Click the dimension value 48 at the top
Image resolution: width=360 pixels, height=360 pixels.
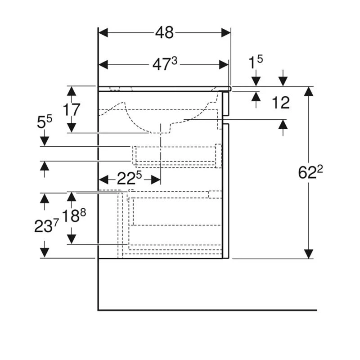coord(165,32)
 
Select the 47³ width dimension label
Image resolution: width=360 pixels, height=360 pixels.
coord(165,65)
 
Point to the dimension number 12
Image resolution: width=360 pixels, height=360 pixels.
coord(281,103)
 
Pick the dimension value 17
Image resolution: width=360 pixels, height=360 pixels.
coord(72,110)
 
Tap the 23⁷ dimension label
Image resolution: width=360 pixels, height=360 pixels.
coord(46,226)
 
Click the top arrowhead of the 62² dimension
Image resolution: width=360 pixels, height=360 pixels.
coord(308,92)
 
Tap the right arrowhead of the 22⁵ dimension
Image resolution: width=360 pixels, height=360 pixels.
coord(155,180)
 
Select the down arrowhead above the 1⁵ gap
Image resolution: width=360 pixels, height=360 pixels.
coord(256,81)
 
